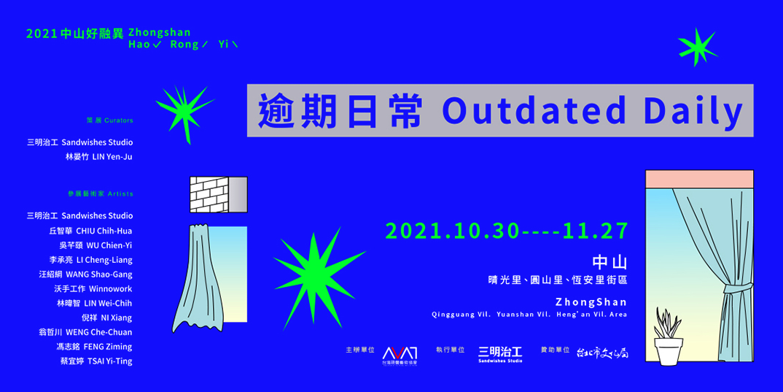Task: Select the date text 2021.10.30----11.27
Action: click(x=507, y=231)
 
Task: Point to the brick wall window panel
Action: click(x=208, y=194)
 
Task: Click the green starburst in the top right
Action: click(x=697, y=47)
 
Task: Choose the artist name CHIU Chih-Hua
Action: click(x=104, y=231)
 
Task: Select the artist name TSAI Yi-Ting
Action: click(x=105, y=361)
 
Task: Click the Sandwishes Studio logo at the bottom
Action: click(x=500, y=353)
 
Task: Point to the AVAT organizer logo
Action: click(x=400, y=353)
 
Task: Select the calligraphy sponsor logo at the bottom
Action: click(x=602, y=353)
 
